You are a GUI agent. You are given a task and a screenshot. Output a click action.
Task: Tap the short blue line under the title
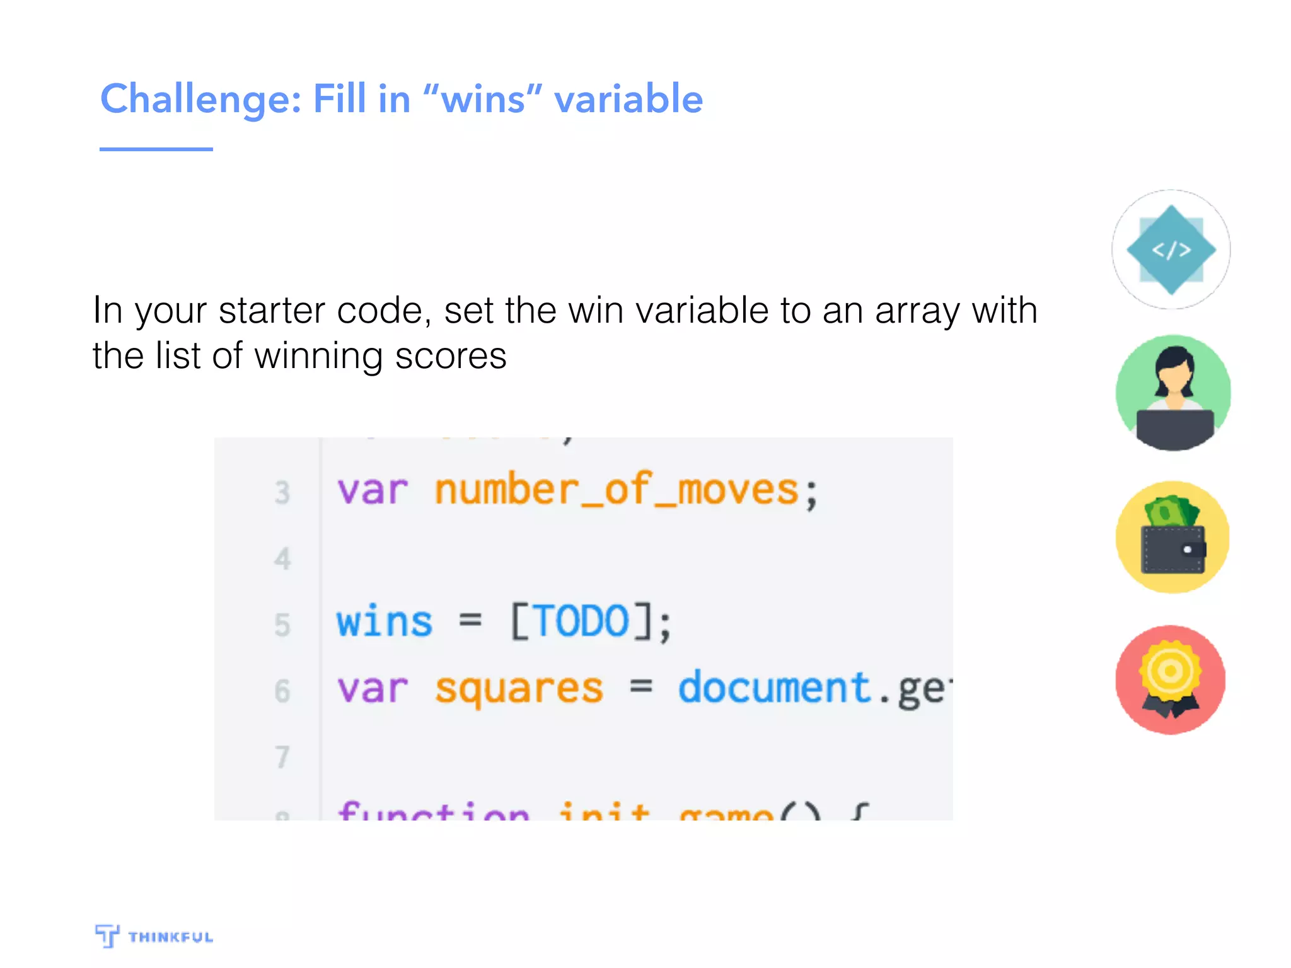156,149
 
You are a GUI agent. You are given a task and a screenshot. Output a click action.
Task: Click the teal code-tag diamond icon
1171,250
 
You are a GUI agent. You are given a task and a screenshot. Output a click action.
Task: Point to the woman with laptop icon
1172,393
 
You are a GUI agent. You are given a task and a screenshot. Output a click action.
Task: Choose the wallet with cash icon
1172,537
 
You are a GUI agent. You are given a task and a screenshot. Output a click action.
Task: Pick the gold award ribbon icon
1171,679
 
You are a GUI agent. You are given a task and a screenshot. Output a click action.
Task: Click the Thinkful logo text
170,937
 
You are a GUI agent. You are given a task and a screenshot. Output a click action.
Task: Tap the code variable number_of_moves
617,490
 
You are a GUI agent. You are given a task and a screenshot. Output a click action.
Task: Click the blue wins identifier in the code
384,622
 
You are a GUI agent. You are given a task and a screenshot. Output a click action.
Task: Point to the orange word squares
519,688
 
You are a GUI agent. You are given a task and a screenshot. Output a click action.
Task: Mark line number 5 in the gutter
282,625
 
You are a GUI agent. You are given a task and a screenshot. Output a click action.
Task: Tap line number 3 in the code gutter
282,493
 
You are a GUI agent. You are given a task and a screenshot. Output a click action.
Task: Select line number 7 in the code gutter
282,757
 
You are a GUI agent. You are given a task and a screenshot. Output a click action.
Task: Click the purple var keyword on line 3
373,490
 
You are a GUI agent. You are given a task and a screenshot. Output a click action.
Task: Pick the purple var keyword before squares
373,688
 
